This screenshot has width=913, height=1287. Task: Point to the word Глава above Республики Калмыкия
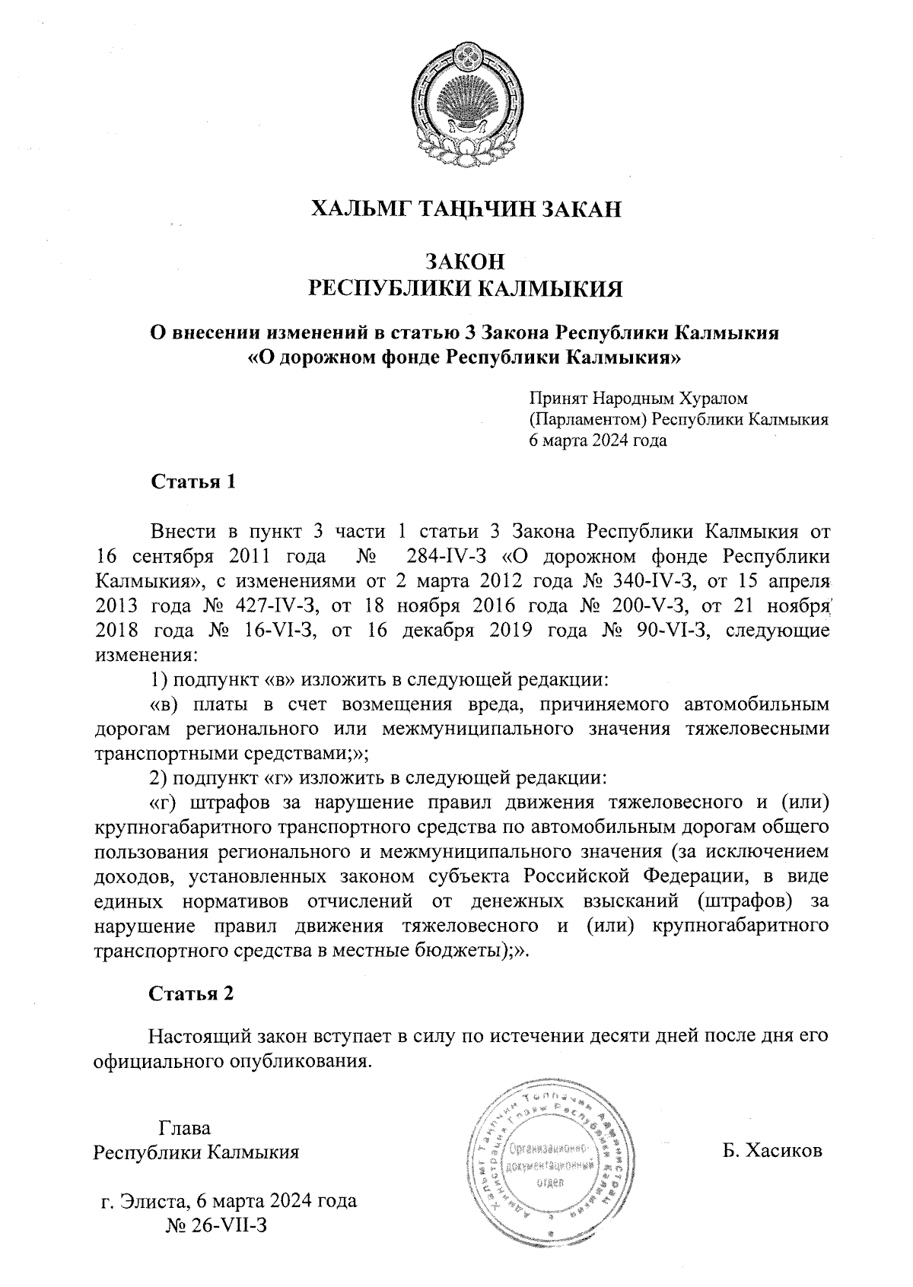(184, 1128)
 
